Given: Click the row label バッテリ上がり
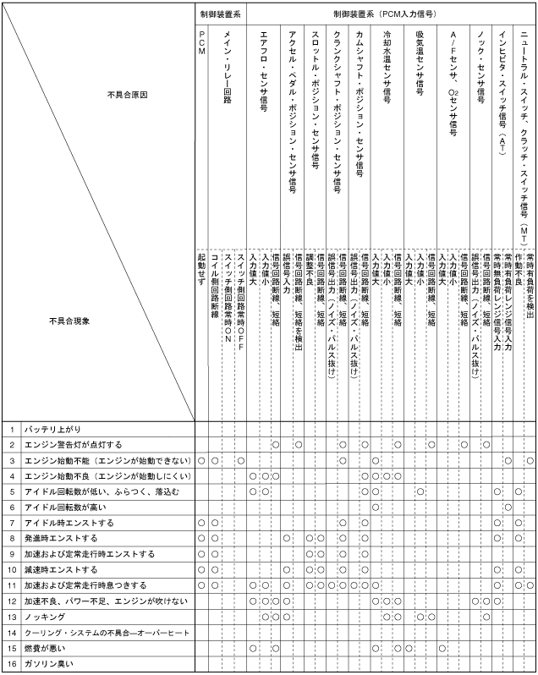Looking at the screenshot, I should pos(52,429).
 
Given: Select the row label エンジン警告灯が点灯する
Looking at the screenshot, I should pos(73,444).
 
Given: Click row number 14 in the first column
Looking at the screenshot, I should pos(12,633).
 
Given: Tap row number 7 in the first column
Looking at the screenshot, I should pos(12,523).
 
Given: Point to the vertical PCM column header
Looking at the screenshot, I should pos(201,41).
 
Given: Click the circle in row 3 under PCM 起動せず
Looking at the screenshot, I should pos(201,460).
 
